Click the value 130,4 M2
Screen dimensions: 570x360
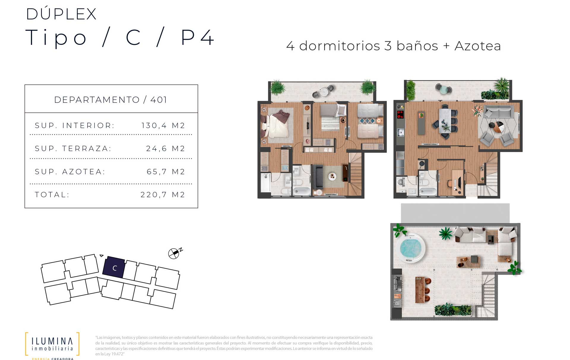(163, 126)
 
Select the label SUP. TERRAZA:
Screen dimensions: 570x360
(73, 149)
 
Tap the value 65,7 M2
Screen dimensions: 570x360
(166, 172)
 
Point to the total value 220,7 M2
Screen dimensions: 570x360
(163, 195)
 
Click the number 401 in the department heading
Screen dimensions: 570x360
(159, 100)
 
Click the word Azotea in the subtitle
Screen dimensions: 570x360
(478, 46)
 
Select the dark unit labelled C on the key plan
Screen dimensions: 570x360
(114, 267)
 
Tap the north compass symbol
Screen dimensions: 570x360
(175, 253)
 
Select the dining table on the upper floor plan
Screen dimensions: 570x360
(445, 120)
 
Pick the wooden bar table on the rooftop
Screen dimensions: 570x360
(420, 290)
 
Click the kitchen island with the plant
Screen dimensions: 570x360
(421, 123)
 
